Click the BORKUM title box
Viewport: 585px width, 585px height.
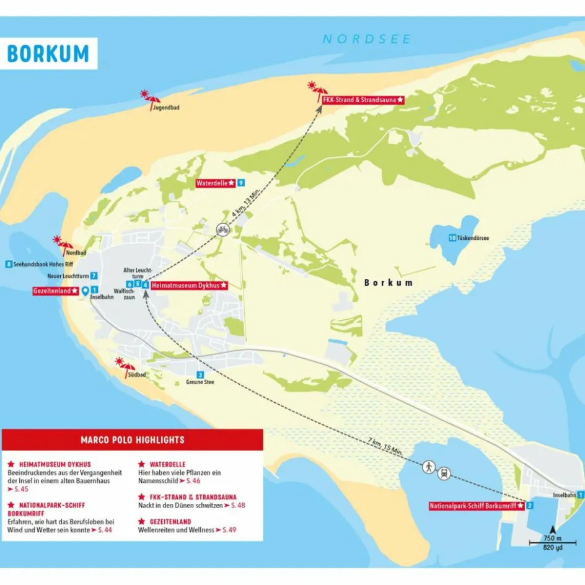click(x=48, y=53)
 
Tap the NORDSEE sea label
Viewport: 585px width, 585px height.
click(x=366, y=39)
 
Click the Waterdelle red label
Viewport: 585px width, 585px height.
click(x=215, y=183)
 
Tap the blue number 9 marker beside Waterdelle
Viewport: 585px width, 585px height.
click(x=240, y=183)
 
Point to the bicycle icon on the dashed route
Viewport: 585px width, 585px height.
click(x=222, y=230)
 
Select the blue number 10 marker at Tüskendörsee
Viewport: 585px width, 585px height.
click(x=452, y=238)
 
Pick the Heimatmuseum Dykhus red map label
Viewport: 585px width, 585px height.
click(x=189, y=285)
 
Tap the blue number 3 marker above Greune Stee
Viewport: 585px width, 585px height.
click(x=200, y=374)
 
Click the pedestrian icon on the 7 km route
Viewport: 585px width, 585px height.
click(x=428, y=466)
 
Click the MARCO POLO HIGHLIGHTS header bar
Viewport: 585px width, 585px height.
click(x=133, y=440)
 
